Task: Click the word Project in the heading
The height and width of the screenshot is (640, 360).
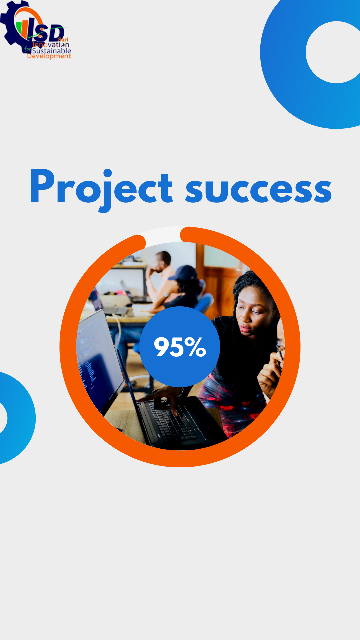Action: (x=101, y=189)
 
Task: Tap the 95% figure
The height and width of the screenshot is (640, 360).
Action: (x=180, y=347)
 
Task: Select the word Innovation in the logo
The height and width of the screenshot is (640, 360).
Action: (x=51, y=45)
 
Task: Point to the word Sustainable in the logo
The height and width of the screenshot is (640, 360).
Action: (x=52, y=51)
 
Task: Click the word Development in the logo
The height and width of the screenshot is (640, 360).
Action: (x=49, y=56)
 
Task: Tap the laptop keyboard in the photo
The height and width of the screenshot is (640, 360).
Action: (x=172, y=422)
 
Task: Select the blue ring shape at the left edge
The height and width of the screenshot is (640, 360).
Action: (x=23, y=418)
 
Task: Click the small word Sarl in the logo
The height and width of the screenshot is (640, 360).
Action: (x=63, y=40)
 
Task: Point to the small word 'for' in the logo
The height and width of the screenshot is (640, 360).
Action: (x=28, y=49)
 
